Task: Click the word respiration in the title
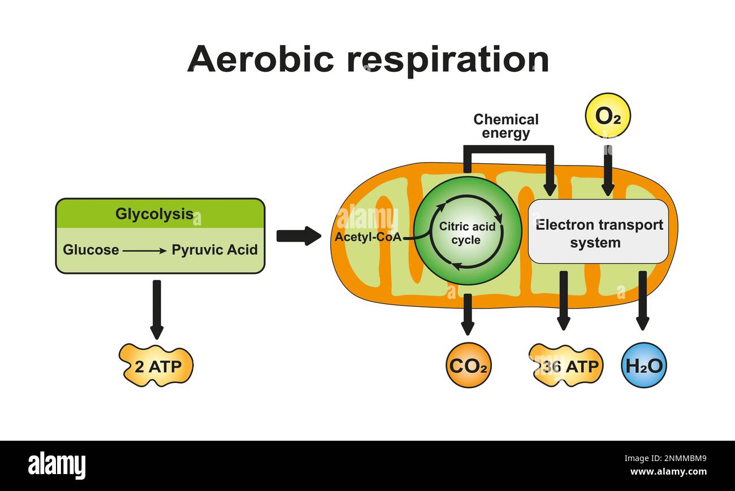448,60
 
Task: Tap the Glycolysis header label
154,214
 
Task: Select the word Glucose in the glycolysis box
91,250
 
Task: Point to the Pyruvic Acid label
214,250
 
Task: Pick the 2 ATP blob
157,366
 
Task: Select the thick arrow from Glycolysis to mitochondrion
298,236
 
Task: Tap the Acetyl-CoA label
367,237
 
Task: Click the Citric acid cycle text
467,233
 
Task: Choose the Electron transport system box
599,232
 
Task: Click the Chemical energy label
505,127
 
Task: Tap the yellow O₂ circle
607,116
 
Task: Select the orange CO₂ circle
468,366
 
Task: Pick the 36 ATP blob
566,366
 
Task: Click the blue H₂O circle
643,366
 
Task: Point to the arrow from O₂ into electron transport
607,171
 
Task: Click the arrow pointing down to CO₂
468,314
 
